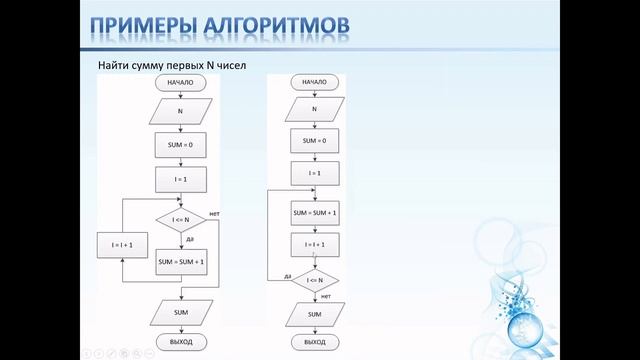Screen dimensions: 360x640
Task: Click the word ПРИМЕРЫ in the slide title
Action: [x=140, y=25]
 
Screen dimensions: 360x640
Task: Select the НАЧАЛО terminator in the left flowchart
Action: [x=181, y=83]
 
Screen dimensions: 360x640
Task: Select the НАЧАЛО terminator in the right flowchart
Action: [x=314, y=83]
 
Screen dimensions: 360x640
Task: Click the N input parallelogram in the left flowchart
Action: [x=181, y=112]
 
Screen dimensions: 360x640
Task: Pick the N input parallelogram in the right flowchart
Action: [x=314, y=109]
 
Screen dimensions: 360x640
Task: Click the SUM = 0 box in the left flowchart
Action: [x=181, y=146]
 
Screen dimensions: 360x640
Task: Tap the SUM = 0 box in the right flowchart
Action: [x=314, y=141]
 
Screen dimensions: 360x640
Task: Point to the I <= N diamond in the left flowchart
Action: [x=181, y=219]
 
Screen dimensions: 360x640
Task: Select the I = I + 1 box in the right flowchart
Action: [x=314, y=244]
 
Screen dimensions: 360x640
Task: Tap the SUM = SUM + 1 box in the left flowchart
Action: [x=181, y=262]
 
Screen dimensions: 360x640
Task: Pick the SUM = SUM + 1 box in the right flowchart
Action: [x=314, y=212]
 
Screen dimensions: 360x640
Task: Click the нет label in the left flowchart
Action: [x=214, y=214]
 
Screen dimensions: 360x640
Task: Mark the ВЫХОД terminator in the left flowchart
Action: [x=181, y=341]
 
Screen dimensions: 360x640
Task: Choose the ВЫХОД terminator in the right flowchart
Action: [x=314, y=341]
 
